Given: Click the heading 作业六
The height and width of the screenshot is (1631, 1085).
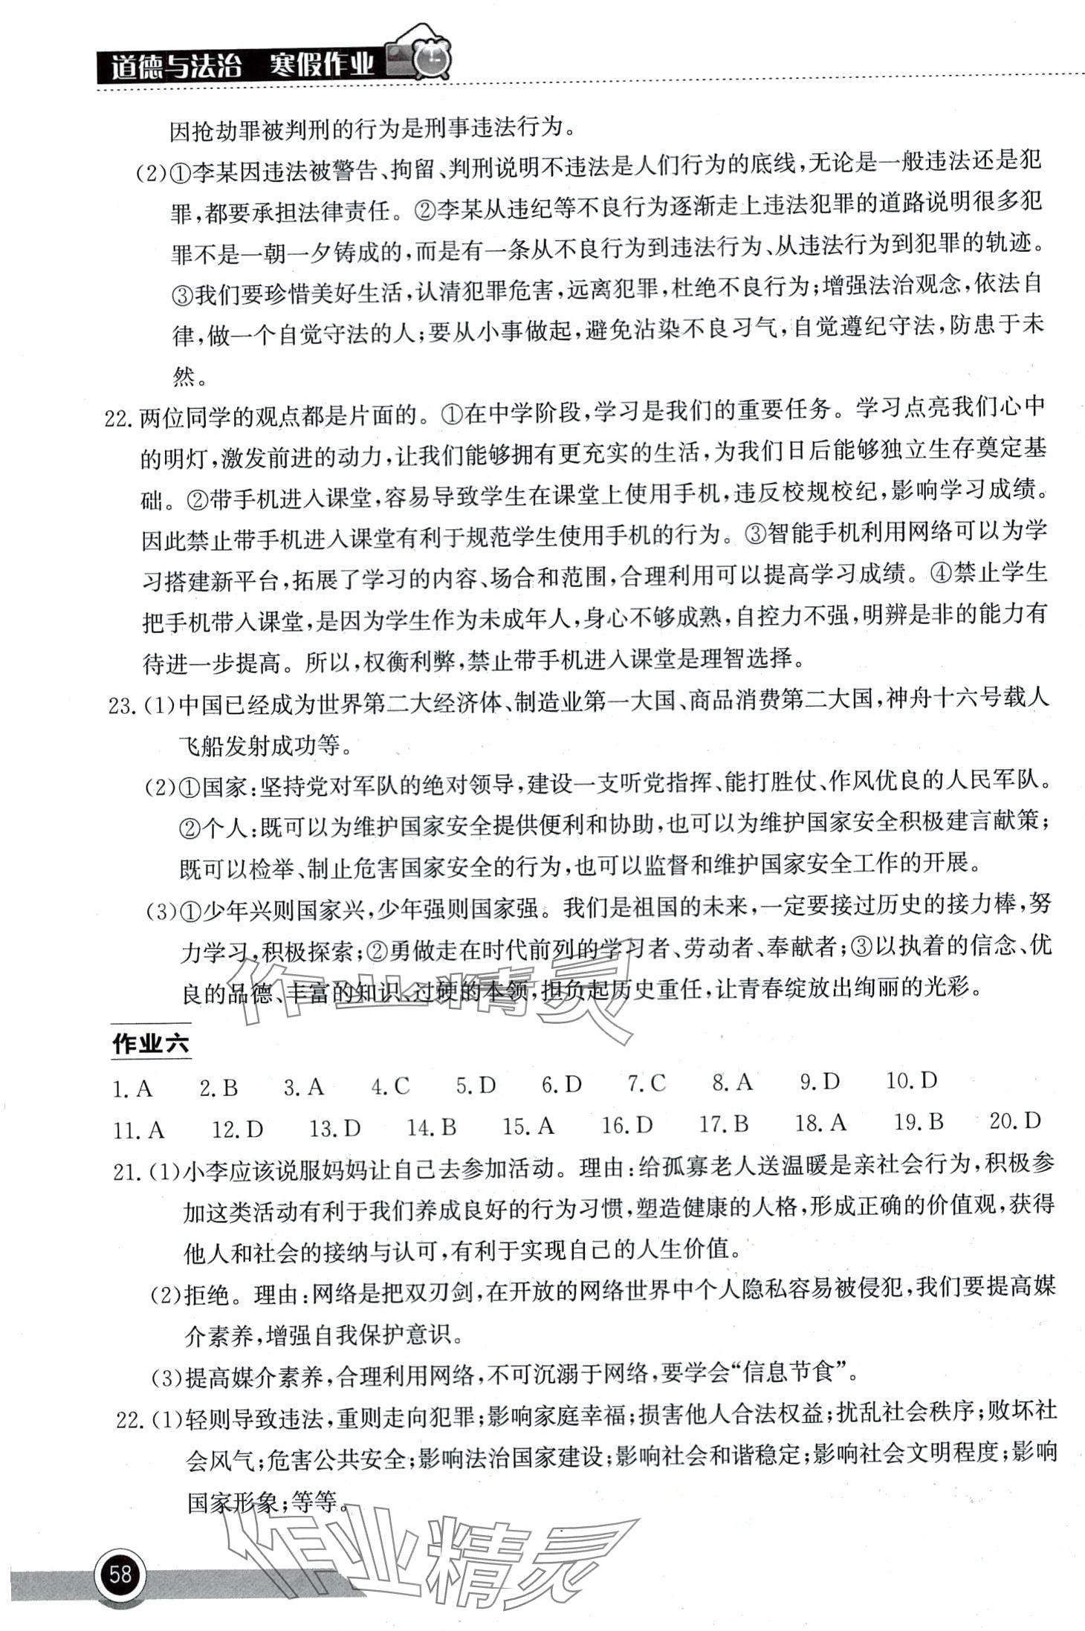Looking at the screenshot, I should point(151,1044).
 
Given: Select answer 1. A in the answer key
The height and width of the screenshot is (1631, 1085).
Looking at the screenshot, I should point(132,1089).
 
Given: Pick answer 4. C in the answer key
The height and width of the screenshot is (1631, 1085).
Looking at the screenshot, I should point(391,1087).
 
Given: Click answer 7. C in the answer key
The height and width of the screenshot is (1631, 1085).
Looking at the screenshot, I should point(647,1084).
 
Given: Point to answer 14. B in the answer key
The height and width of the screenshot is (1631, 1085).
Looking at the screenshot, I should point(432,1128).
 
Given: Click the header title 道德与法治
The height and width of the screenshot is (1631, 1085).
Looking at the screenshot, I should point(176,67).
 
